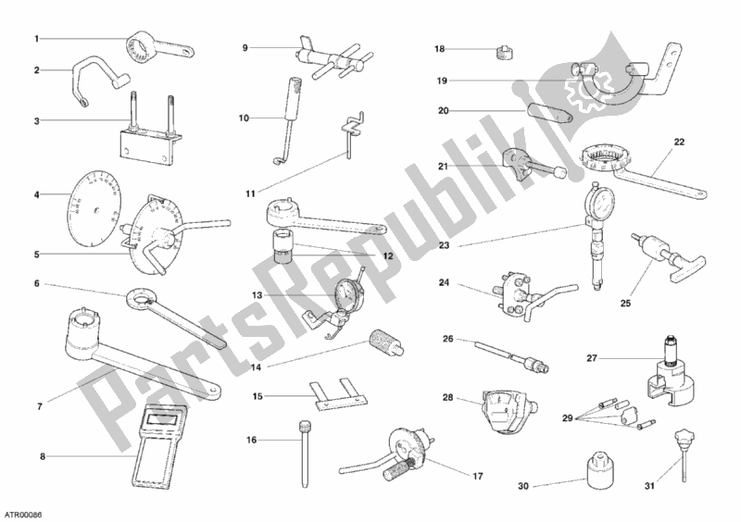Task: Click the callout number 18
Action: pos(439,49)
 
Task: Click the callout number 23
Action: pos(444,245)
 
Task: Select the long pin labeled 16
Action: pos(303,453)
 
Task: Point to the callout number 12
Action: pos(387,256)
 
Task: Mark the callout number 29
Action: pos(568,418)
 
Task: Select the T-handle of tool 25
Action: pos(691,267)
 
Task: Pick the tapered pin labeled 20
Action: pos(549,114)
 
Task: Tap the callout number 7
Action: pos(40,406)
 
